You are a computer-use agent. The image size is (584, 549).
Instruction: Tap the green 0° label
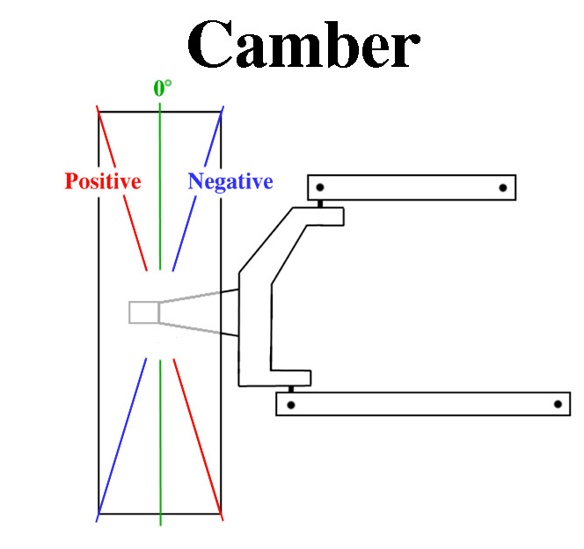(x=162, y=88)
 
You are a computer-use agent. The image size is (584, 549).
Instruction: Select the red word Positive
(x=103, y=182)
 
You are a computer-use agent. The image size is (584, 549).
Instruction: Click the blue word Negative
(x=230, y=182)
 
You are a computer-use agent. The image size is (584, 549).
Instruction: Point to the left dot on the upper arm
(x=321, y=187)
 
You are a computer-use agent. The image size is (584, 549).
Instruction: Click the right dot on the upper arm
(x=502, y=187)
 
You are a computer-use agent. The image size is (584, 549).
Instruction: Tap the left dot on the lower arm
(x=290, y=405)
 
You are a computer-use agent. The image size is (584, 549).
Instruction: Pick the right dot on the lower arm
(x=557, y=405)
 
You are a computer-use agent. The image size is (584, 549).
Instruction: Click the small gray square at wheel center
(x=143, y=312)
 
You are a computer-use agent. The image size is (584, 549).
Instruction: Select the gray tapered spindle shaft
(x=198, y=313)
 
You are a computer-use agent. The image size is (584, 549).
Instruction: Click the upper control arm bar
(x=412, y=187)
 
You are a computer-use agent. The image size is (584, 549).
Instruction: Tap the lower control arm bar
(x=422, y=404)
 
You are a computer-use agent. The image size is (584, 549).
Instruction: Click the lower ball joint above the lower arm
(x=290, y=389)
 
